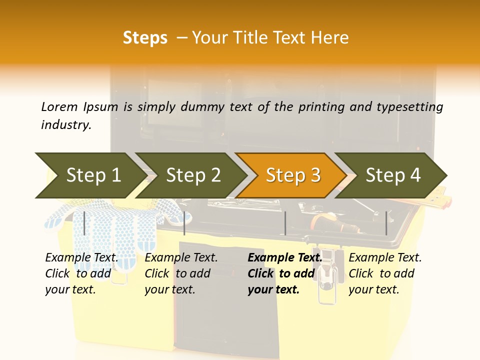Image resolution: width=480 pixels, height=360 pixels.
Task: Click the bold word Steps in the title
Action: click(x=145, y=38)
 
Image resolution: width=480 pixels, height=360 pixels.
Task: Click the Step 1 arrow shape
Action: click(x=90, y=175)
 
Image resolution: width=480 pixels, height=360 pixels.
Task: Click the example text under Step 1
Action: click(x=81, y=273)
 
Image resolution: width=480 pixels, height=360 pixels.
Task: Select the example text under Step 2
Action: click(x=181, y=273)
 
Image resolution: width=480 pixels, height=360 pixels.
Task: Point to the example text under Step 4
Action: click(x=385, y=273)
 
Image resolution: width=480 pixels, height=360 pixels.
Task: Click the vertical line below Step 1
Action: click(x=84, y=223)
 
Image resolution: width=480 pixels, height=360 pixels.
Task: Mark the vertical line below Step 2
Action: click(x=184, y=223)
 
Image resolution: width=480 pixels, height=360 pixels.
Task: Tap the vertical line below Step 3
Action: click(x=285, y=223)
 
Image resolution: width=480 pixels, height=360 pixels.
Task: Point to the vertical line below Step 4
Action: click(x=386, y=223)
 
